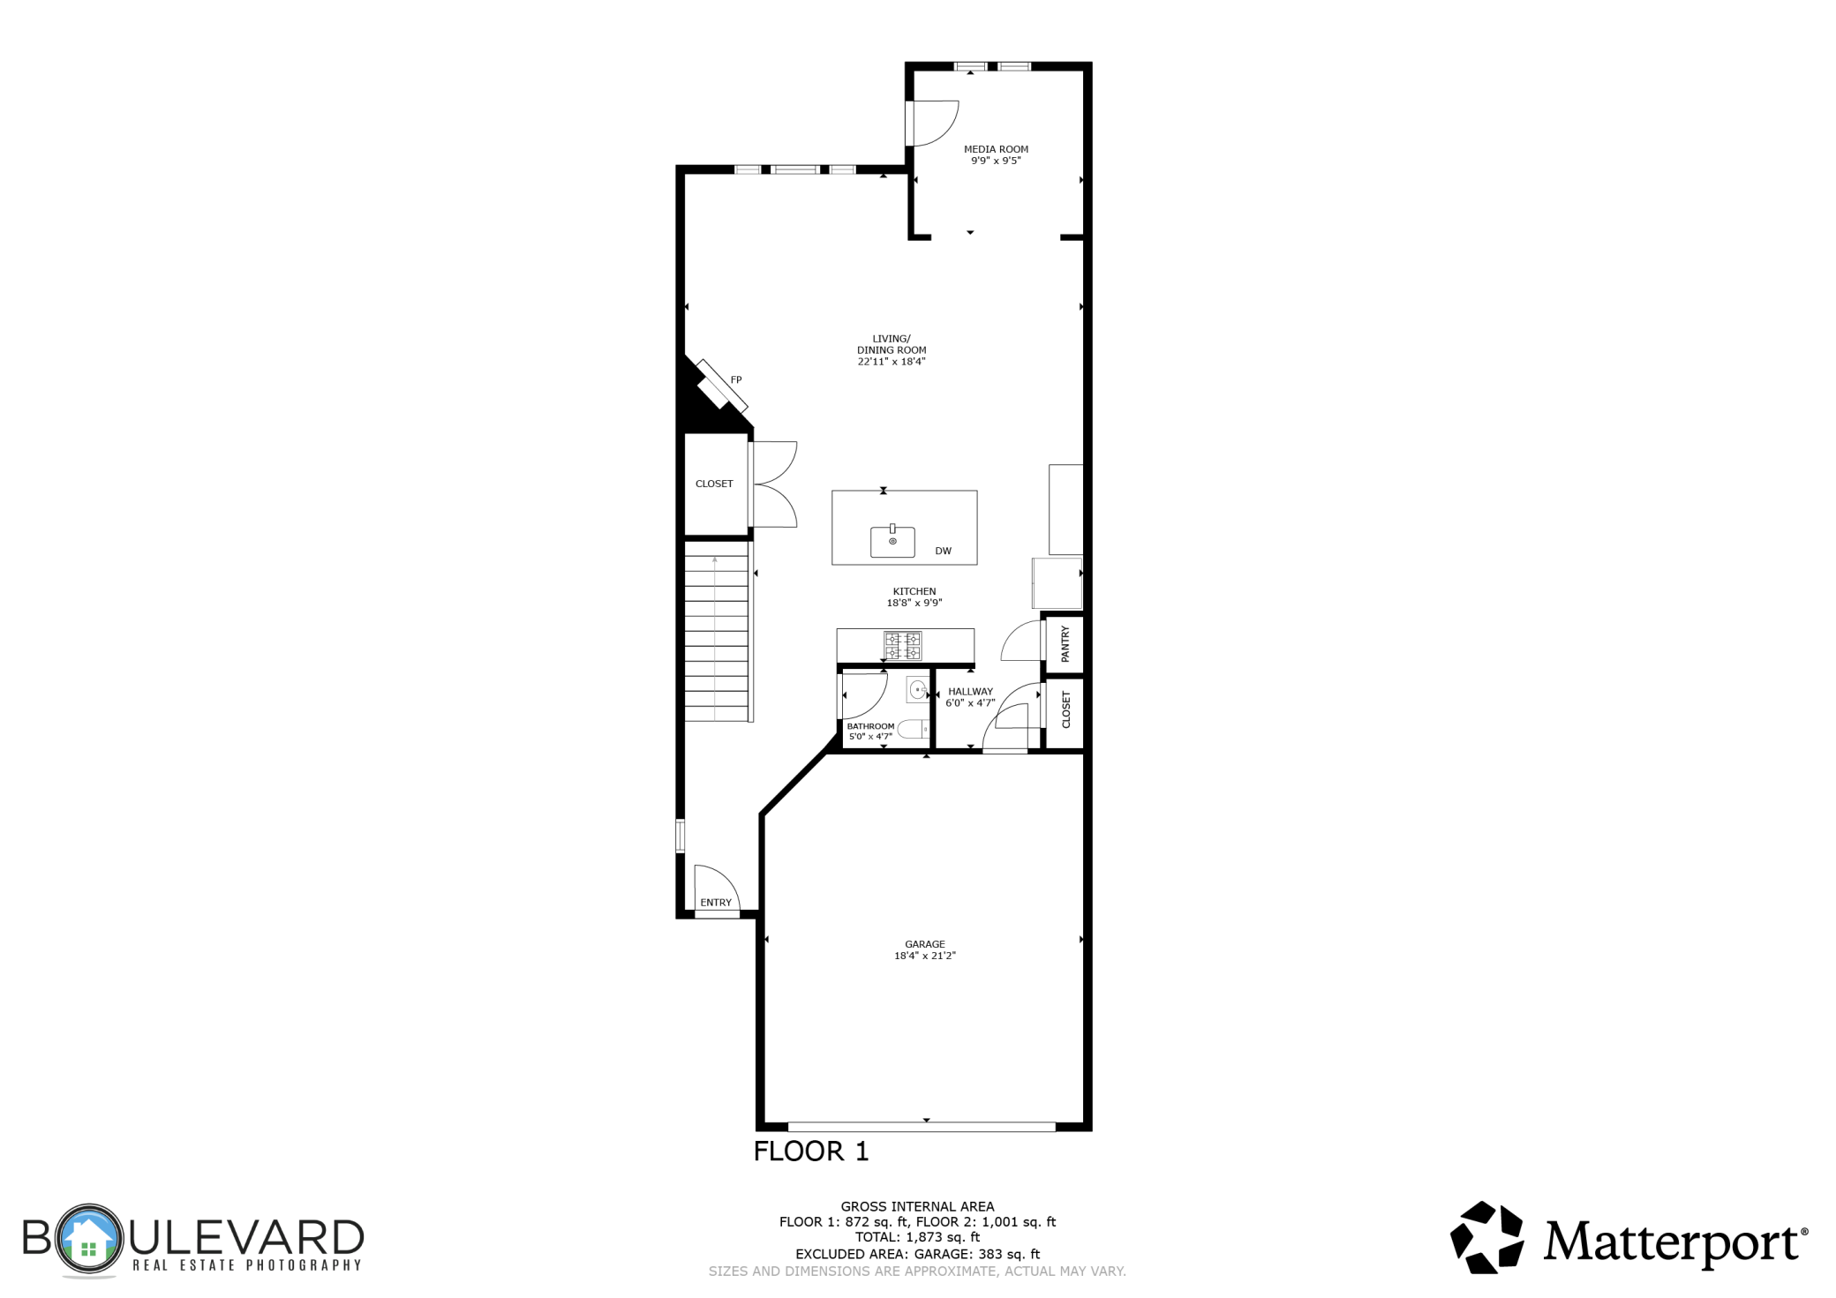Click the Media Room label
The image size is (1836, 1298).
[x=996, y=149]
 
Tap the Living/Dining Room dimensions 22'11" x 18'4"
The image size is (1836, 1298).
[x=891, y=362]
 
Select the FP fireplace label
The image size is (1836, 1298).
[x=736, y=380]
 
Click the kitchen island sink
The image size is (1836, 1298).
[x=892, y=541]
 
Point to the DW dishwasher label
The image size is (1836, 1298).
[x=943, y=551]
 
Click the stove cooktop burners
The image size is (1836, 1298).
[x=903, y=646]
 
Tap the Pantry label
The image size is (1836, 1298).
[x=1065, y=644]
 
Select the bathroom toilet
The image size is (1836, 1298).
[x=914, y=729]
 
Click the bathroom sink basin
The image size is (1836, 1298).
[x=918, y=689]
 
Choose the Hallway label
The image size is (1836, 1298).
[x=970, y=692]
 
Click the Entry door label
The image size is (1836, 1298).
[x=716, y=903]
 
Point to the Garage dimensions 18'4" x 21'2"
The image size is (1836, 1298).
[x=924, y=956]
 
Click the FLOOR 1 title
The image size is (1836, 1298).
[x=810, y=1152]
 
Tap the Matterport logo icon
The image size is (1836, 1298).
[x=1487, y=1237]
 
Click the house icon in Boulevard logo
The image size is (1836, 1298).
[x=88, y=1239]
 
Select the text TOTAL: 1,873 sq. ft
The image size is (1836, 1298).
[x=917, y=1237]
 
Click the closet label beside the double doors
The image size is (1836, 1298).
[x=714, y=484]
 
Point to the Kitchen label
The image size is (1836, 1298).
[x=914, y=592]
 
